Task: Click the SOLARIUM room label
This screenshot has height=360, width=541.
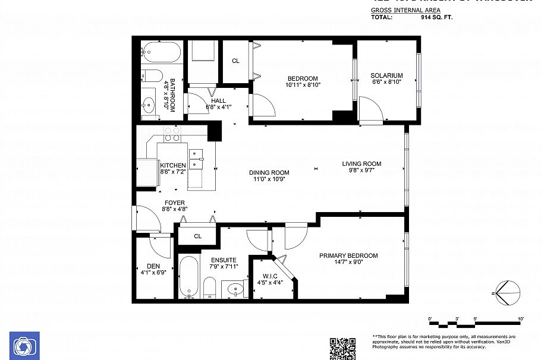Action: click(386, 75)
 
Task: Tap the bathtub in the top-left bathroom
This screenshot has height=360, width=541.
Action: click(161, 53)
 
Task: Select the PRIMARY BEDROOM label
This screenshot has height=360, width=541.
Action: click(348, 255)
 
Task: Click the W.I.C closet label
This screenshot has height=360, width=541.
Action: click(270, 276)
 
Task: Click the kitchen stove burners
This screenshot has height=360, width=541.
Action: click(172, 134)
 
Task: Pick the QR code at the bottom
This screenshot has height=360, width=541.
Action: click(342, 348)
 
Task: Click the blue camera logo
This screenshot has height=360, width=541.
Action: click(25, 346)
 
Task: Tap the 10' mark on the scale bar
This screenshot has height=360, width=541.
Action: click(521, 320)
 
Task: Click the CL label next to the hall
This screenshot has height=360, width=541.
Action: click(235, 61)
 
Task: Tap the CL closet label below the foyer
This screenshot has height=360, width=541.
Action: click(198, 236)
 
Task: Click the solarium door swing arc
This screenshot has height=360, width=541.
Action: click(372, 109)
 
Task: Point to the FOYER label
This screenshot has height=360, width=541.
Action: click(174, 203)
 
